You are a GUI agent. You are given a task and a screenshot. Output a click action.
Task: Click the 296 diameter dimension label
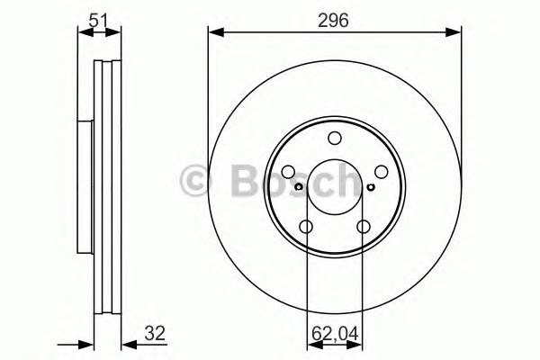tap(335, 18)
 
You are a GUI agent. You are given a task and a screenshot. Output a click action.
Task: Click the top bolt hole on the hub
tap(335, 138)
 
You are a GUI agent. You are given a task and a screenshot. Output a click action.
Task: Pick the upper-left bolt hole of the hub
tap(288, 172)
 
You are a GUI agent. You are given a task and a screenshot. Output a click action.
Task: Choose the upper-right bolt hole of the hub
tap(382, 172)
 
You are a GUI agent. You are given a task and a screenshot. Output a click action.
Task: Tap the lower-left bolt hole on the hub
tap(306, 227)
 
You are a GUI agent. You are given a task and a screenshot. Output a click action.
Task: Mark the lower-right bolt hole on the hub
tap(364, 227)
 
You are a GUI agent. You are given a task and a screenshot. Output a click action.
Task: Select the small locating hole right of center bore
tap(371, 188)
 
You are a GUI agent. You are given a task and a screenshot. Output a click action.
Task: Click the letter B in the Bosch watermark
tap(238, 182)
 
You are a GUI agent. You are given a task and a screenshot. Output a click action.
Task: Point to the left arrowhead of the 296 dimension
tap(214, 33)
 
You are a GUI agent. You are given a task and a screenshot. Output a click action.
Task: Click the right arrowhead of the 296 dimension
tap(456, 33)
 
